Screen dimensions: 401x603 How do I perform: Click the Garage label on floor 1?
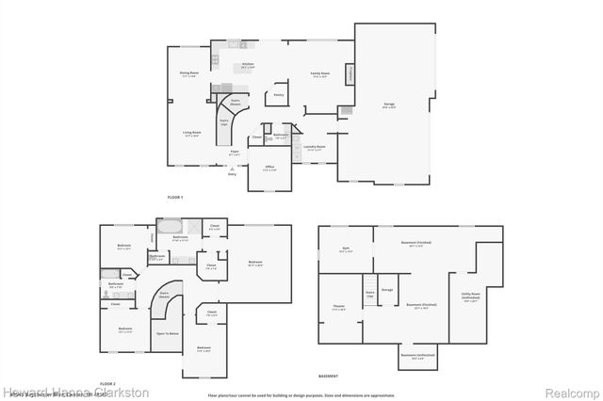(388, 104)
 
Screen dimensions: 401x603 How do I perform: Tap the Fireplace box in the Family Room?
(350, 73)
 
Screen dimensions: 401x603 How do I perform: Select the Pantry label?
(279, 94)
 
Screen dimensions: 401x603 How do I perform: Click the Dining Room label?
(189, 72)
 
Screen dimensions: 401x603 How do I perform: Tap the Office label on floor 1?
(269, 167)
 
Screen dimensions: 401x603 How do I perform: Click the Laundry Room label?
(315, 147)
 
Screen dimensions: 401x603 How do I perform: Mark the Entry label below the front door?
(232, 174)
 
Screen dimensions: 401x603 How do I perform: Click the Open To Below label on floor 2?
(168, 333)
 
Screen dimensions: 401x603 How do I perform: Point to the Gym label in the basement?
(347, 250)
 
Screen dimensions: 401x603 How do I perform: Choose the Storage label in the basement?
(387, 289)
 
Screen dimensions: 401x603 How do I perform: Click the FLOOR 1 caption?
(174, 196)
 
